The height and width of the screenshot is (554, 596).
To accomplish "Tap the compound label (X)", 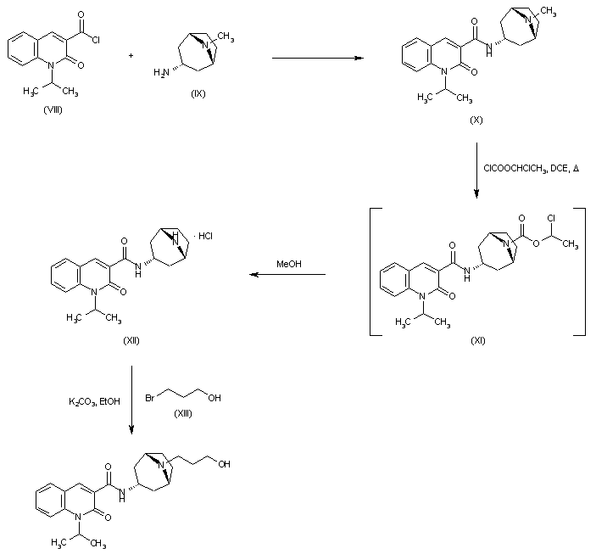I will coord(476,120).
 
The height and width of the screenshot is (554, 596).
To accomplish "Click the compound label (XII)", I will coord(130,340).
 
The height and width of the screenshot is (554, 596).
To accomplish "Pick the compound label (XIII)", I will coord(183,412).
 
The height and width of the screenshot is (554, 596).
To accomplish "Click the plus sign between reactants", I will coord(131,56).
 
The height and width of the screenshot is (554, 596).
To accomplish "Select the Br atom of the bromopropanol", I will coord(151,396).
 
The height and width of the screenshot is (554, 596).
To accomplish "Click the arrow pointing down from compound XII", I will coord(132,399).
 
